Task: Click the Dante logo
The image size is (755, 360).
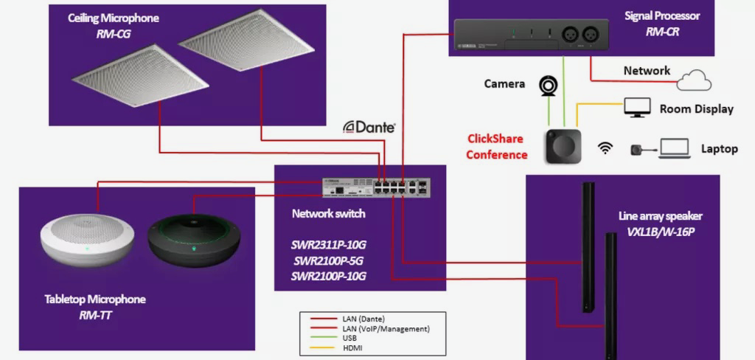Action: point(369,127)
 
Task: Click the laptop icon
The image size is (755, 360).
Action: point(674,148)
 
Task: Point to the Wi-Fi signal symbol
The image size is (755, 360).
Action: point(605,148)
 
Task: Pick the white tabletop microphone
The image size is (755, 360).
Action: point(87,236)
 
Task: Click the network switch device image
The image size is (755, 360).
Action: point(376,187)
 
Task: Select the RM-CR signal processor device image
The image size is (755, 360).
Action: point(531,35)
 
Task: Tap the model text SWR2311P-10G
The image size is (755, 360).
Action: point(328,245)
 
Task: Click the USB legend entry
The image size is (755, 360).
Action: point(351,338)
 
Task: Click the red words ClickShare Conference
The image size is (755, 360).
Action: point(497,147)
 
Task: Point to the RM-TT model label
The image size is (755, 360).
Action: point(94,315)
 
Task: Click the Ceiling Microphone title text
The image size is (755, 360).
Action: point(114,18)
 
